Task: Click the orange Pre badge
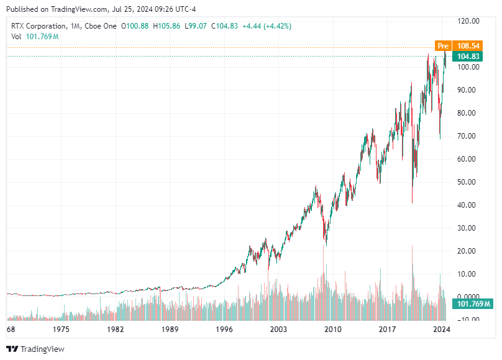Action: click(442, 46)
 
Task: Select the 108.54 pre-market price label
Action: click(468, 46)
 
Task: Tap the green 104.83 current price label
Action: click(468, 56)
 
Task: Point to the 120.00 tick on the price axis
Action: click(468, 21)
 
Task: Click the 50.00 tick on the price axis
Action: click(467, 182)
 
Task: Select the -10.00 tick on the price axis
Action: click(467, 320)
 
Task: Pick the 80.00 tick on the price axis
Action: click(467, 113)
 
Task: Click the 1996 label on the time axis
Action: click(224, 329)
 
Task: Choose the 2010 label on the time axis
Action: click(333, 329)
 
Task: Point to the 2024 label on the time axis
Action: click(441, 329)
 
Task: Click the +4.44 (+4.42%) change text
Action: click(266, 26)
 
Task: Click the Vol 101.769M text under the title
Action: click(35, 37)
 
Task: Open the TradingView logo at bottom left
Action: click(35, 349)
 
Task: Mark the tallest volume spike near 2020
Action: click(412, 249)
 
